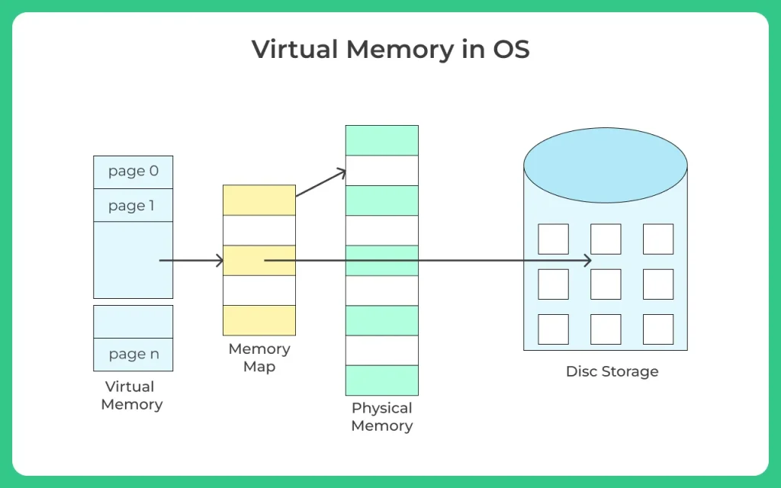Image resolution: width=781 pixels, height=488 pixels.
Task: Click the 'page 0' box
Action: [x=133, y=172]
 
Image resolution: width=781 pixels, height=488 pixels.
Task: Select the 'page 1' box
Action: [x=133, y=205]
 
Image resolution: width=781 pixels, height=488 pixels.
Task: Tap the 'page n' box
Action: [x=133, y=355]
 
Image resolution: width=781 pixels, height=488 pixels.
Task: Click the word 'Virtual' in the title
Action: [x=295, y=49]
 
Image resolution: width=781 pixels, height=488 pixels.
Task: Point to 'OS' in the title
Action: [x=511, y=49]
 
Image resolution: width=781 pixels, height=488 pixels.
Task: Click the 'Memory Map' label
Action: [x=259, y=358]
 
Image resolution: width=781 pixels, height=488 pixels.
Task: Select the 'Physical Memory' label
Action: [x=382, y=417]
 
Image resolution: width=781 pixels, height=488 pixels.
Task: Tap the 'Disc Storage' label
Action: [x=612, y=371]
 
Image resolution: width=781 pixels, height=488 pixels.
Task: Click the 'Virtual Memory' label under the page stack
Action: [x=131, y=396]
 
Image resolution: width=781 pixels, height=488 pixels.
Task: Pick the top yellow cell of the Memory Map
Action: [x=259, y=201]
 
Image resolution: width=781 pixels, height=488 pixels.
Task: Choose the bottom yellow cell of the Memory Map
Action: [x=259, y=320]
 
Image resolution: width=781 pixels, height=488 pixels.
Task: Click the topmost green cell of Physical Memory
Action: [x=382, y=140]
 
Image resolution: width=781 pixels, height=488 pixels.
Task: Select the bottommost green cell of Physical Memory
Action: [x=382, y=380]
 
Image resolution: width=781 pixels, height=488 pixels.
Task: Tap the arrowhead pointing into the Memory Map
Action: [x=220, y=261]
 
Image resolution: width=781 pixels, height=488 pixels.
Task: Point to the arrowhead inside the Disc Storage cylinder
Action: [x=588, y=261]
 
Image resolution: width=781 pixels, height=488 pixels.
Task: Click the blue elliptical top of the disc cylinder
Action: [x=606, y=165]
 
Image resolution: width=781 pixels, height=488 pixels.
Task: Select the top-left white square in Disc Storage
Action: [x=554, y=239]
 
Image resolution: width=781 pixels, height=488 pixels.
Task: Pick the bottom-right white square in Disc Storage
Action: [x=658, y=329]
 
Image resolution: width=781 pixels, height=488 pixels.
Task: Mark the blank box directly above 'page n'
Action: [x=133, y=322]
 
